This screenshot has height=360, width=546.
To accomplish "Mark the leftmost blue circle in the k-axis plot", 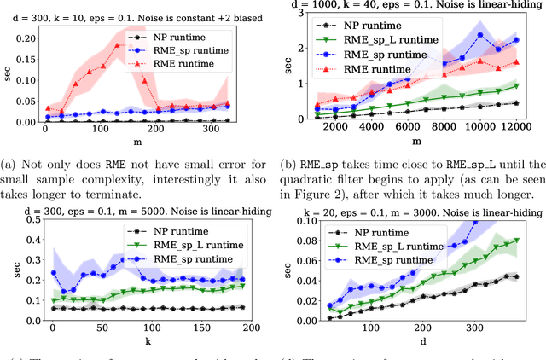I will point(52,273).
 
